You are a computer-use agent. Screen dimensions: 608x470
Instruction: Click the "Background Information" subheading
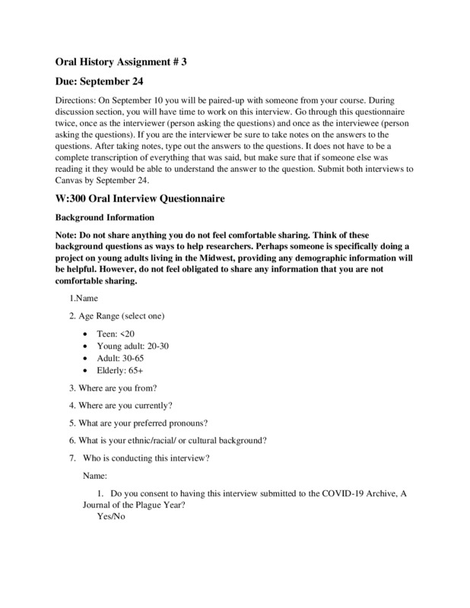(x=104, y=217)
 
